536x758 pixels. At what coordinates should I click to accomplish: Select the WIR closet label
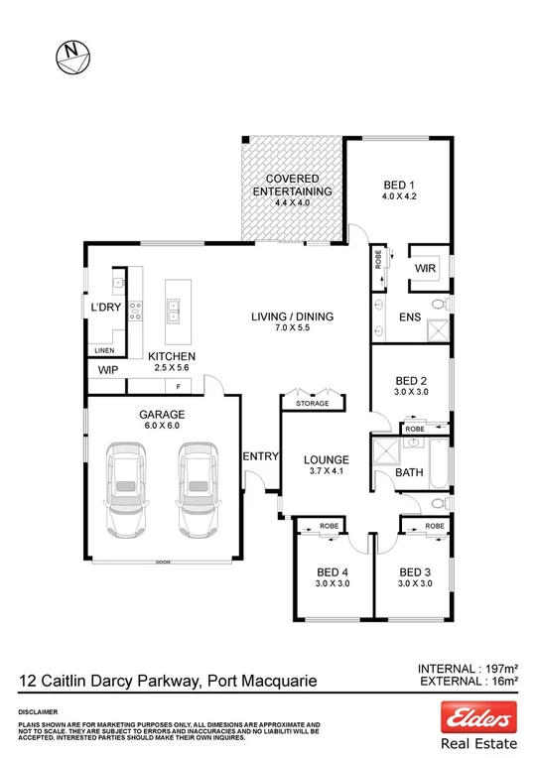coord(427,268)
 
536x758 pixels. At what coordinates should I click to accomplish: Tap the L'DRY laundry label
coord(104,308)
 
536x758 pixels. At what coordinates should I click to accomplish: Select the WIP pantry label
coord(107,369)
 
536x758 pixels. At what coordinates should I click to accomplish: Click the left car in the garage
coord(127,488)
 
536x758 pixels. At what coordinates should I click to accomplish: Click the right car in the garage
coord(196,488)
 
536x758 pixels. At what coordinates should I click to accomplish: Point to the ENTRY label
coord(260,455)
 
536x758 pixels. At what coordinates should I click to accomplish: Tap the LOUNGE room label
coord(326,460)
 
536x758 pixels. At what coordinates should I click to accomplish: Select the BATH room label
coord(410,473)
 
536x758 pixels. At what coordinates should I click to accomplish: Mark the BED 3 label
coord(415,571)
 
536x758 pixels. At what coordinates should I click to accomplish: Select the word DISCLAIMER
coord(37,712)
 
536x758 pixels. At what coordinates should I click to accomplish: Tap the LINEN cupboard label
coord(104,350)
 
